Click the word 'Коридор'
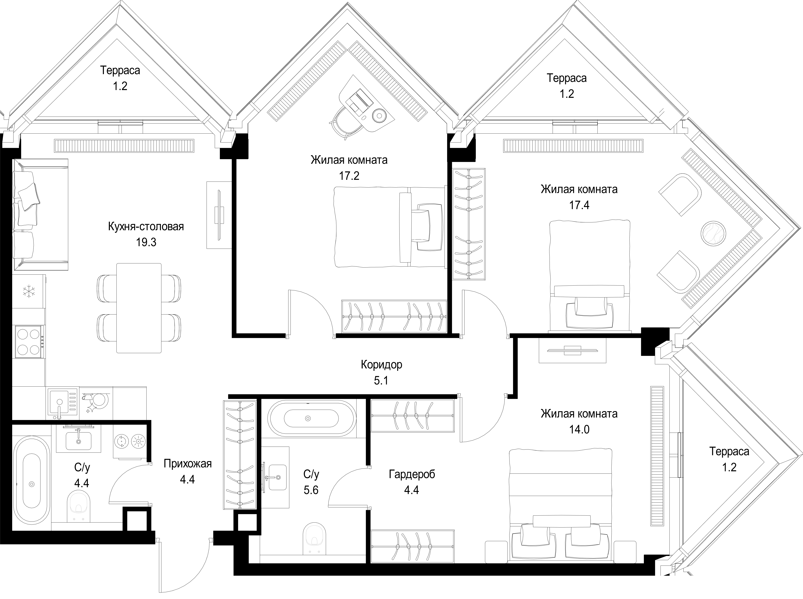[382, 364]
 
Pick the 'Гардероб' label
[412, 474]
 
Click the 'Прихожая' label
[188, 464]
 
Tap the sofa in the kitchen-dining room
[41, 215]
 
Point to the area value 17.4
[579, 205]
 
